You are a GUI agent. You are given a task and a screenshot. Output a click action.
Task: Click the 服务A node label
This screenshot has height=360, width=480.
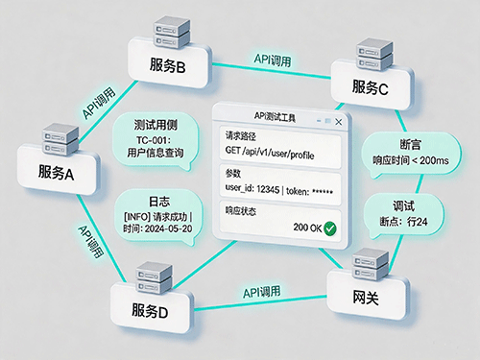(56, 172)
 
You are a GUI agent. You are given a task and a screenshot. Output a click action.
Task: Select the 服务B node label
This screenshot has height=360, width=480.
(167, 65)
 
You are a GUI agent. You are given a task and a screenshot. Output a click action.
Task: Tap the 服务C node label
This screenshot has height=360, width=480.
(371, 87)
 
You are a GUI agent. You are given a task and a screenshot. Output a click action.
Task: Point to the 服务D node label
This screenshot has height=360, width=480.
(150, 311)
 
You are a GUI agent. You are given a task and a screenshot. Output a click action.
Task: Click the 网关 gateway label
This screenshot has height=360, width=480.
(366, 298)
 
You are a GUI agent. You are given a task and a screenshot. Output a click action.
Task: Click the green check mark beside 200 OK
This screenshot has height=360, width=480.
(330, 228)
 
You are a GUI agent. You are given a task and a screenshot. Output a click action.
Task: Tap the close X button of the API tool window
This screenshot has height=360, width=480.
(339, 122)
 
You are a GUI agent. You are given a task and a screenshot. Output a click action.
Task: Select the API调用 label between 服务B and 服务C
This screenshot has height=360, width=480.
(273, 60)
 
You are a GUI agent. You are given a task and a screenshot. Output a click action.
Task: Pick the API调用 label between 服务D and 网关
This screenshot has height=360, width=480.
(262, 292)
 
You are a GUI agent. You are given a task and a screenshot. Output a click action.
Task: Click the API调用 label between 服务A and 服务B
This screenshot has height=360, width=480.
(99, 103)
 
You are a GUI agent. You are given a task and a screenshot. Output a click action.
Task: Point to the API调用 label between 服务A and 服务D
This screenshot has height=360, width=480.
(91, 241)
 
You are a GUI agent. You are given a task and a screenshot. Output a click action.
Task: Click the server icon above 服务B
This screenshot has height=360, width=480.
(172, 33)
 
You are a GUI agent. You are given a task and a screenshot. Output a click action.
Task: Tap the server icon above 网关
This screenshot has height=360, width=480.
(371, 264)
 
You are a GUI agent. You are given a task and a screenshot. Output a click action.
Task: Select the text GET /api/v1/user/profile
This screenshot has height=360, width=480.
(270, 152)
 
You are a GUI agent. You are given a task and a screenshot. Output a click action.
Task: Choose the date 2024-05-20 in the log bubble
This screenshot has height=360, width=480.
(168, 228)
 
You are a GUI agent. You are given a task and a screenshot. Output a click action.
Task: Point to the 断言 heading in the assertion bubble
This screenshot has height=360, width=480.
(411, 144)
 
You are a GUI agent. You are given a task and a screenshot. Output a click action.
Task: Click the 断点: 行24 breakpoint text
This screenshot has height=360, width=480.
(403, 222)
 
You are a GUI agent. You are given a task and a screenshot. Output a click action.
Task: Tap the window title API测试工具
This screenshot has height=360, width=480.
(275, 117)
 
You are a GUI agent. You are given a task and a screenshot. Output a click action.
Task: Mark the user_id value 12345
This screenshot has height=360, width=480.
(268, 189)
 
